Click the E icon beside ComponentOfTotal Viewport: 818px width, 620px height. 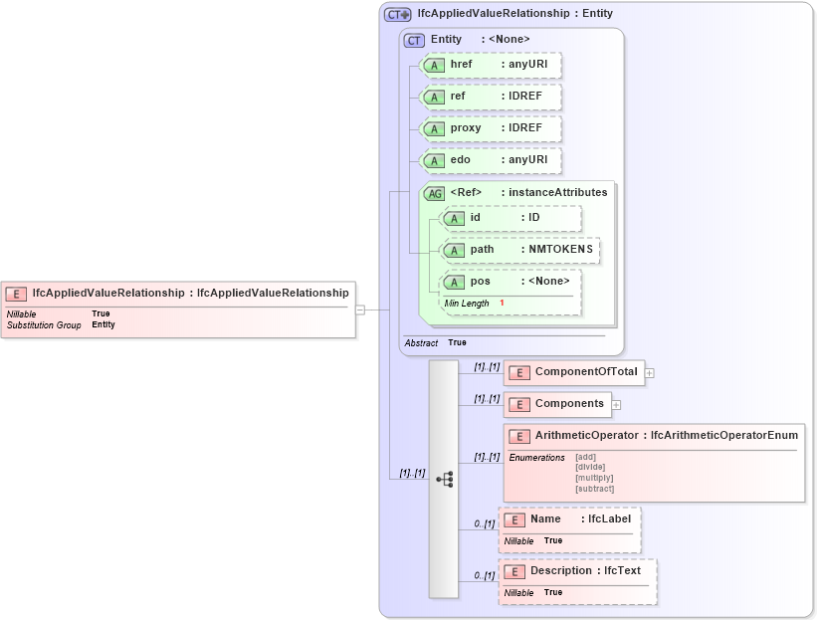[x=517, y=373]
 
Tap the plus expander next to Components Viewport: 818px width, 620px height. [x=616, y=405]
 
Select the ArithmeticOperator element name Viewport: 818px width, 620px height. [x=586, y=435]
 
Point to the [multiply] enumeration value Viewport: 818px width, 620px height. [x=594, y=478]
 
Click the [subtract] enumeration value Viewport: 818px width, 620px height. [x=594, y=489]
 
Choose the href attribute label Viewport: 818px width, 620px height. [x=462, y=65]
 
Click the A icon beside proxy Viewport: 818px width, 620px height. [x=434, y=129]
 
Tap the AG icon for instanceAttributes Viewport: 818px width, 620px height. [x=434, y=193]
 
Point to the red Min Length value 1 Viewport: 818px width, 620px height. [x=502, y=303]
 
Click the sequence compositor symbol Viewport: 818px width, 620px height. [x=444, y=480]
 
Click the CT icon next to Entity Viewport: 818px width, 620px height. [x=414, y=40]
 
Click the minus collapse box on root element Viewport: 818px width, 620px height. [x=360, y=310]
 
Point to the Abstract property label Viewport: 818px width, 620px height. [x=421, y=342]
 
